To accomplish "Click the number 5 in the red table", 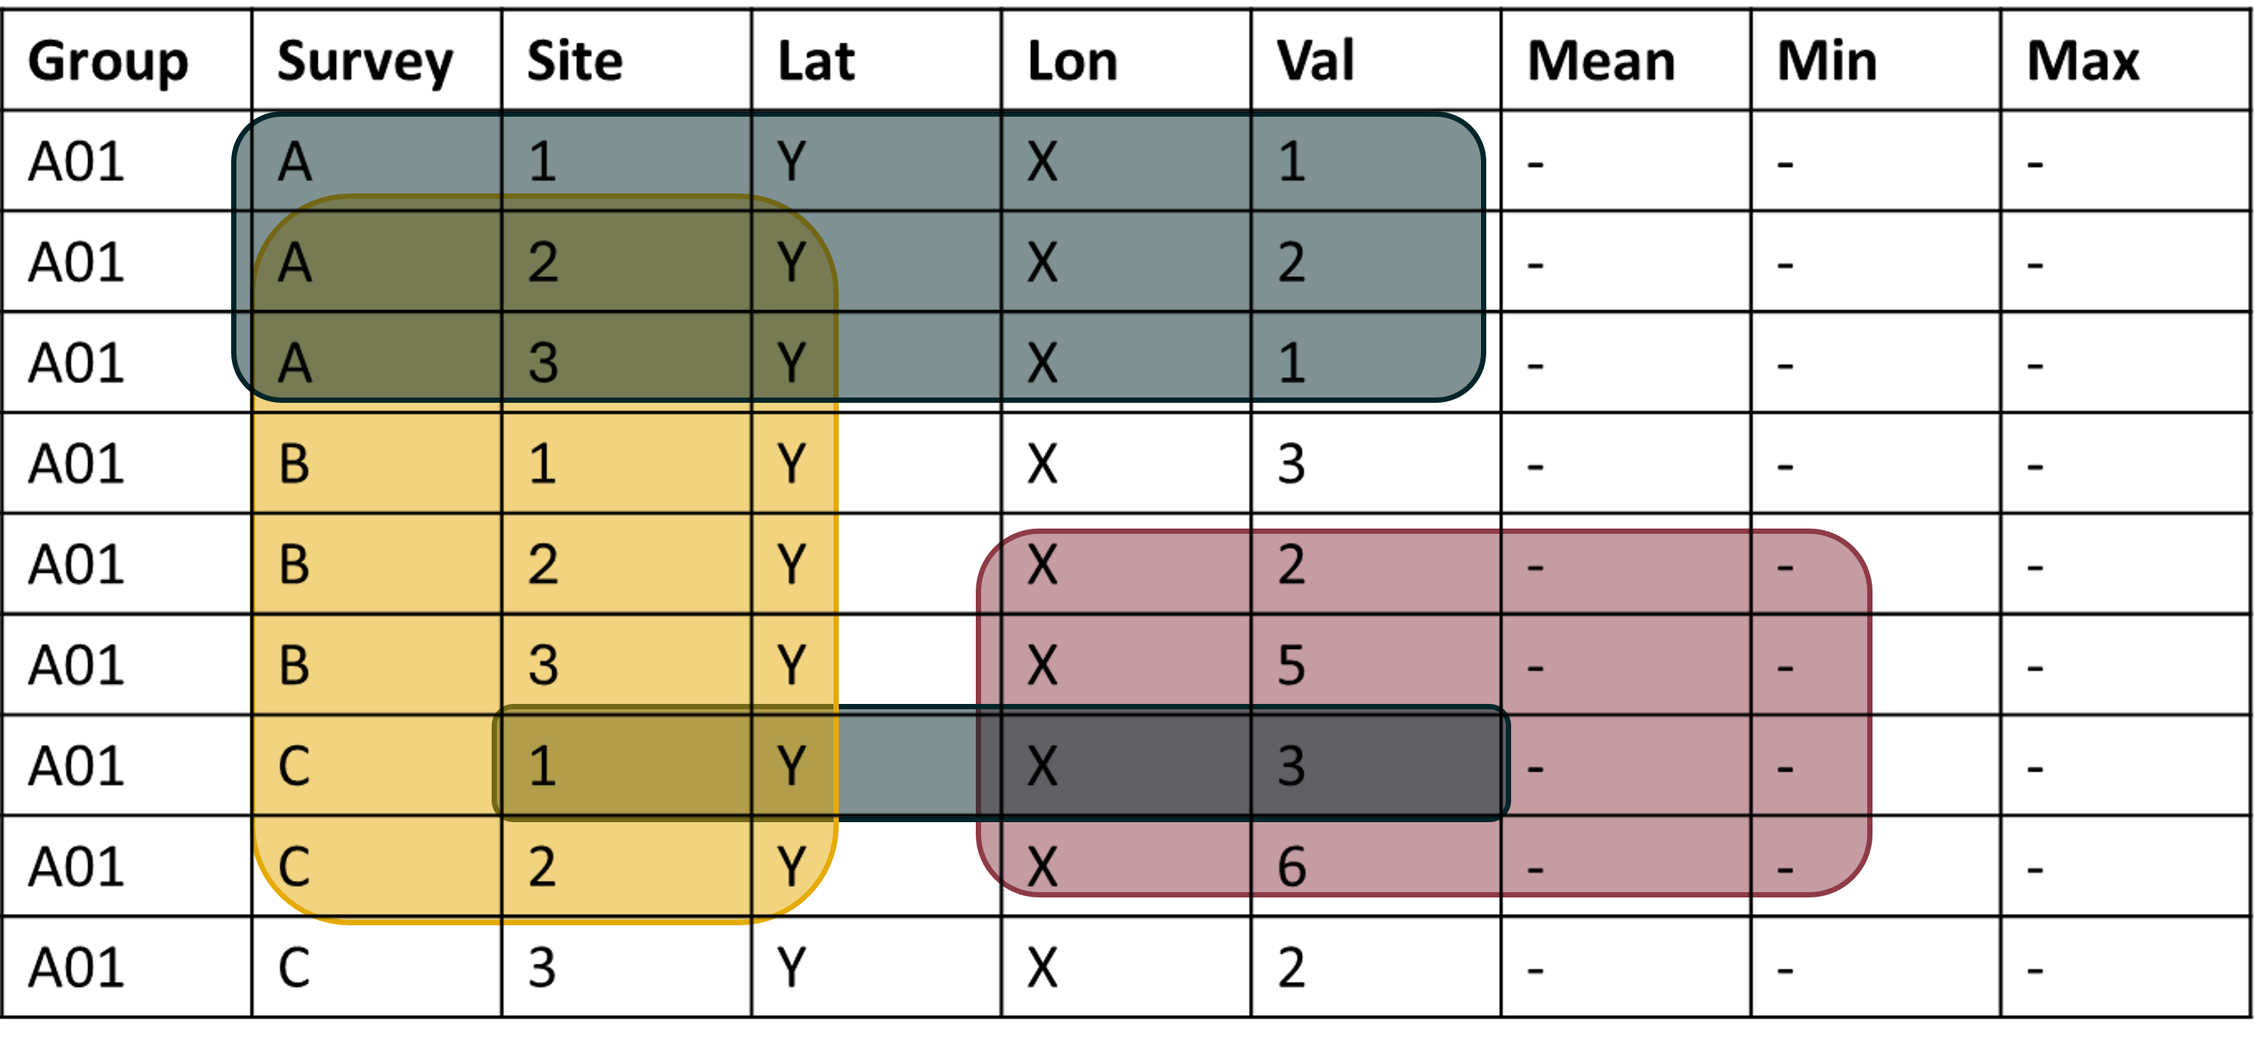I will click(x=1291, y=666).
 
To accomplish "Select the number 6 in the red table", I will click(x=1291, y=867).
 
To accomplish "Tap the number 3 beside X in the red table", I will click(x=1291, y=766).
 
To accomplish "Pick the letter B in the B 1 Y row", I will click(x=294, y=464).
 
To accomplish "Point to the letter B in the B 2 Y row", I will click(x=294, y=565).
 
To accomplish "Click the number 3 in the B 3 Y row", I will click(x=543, y=666).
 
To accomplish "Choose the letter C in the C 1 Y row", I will click(x=294, y=766).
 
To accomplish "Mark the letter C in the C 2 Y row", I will click(x=294, y=867).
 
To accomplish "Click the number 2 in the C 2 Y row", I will click(x=543, y=867).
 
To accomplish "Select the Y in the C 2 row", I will click(x=791, y=867).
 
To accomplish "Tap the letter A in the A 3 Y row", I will click(x=294, y=364).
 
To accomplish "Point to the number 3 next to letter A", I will click(x=543, y=364).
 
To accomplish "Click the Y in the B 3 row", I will click(x=791, y=666).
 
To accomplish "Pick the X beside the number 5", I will click(x=1042, y=666).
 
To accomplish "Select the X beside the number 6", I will click(x=1042, y=867).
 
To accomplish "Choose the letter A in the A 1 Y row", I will click(x=294, y=162).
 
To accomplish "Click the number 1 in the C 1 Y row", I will click(x=543, y=766).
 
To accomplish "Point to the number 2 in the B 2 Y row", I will click(x=543, y=565).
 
